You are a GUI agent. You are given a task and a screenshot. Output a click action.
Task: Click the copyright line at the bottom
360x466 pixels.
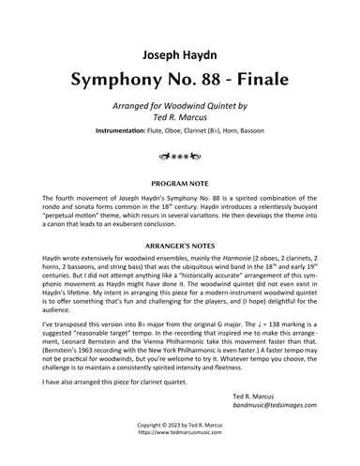180,450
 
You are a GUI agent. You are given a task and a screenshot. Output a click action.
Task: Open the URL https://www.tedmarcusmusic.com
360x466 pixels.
180,458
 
